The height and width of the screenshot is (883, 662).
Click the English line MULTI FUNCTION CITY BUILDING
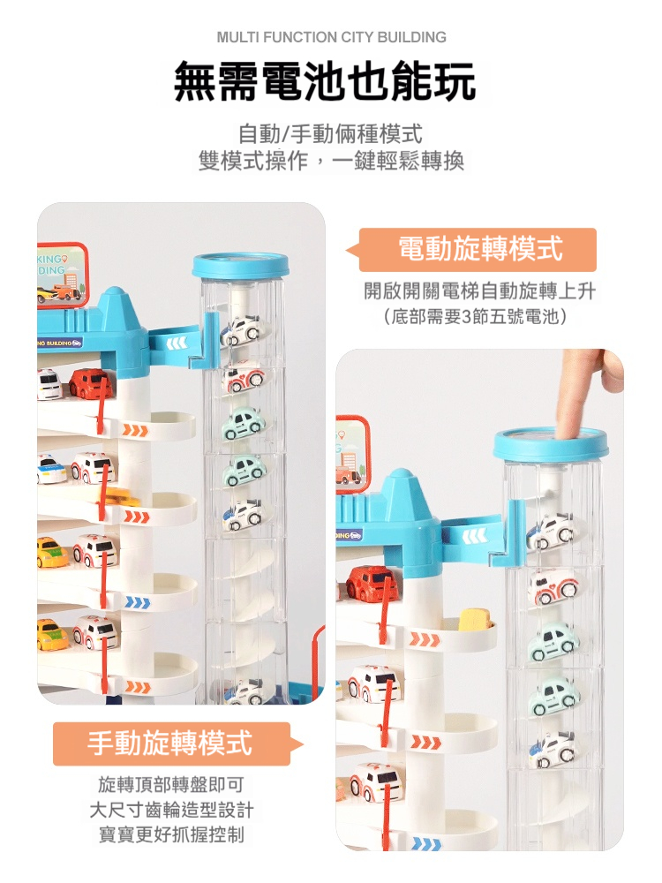pos(331,38)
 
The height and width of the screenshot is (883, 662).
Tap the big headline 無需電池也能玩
pos(326,82)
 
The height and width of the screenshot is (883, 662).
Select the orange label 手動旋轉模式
pos(172,743)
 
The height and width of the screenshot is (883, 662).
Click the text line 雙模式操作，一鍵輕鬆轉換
pos(331,161)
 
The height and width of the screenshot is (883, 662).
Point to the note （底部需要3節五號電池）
pos(477,316)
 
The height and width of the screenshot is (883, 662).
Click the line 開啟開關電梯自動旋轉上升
pos(479,291)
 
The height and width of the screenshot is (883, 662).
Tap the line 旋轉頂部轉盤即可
pos(171,784)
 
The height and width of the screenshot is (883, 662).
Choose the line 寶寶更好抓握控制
pos(171,834)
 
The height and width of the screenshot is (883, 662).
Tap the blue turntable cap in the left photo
pos(240,265)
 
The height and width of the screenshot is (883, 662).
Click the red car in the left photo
pos(90,382)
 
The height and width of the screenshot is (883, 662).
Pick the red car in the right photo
pos(372,583)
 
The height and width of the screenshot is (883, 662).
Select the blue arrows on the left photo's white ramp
pos(138,603)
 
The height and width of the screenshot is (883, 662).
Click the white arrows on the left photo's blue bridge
pos(175,343)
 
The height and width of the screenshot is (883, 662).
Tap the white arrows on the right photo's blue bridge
pos(475,535)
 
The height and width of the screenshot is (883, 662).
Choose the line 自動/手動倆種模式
pos(331,134)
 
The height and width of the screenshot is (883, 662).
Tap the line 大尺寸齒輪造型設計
pos(171,809)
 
